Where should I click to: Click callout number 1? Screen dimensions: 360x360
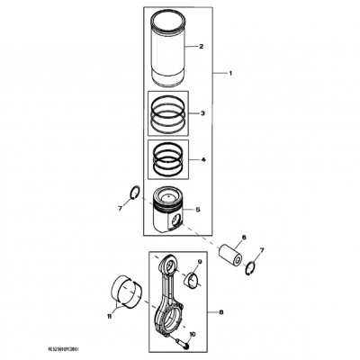point(229,71)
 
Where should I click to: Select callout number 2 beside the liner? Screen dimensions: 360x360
point(202,46)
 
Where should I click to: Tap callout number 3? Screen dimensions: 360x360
point(203,113)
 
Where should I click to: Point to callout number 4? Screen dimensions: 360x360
point(203,160)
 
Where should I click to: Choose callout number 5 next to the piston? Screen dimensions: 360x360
point(199,210)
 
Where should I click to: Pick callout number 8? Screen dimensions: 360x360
point(221,312)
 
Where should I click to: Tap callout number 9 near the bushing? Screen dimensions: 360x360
point(199,262)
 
